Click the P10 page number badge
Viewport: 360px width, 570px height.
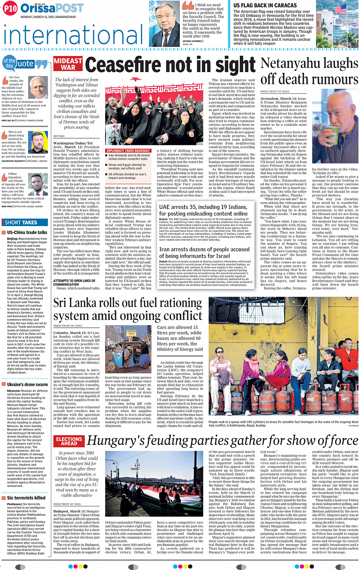click(10, 8)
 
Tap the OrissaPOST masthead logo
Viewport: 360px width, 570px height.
click(52, 8)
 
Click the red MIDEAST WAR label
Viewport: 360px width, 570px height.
click(68, 64)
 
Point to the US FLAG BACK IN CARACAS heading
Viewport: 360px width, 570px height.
click(265, 5)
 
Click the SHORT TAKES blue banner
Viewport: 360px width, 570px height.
click(21, 222)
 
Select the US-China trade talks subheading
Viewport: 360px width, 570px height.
click(27, 232)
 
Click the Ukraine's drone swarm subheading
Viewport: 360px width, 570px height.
click(27, 384)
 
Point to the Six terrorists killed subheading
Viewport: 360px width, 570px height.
click(26, 498)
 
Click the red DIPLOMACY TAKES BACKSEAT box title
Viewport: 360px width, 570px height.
click(128, 151)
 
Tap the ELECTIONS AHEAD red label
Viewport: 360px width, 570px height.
click(69, 441)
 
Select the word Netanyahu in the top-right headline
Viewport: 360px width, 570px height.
click(289, 63)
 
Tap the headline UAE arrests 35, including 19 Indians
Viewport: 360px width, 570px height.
click(203, 207)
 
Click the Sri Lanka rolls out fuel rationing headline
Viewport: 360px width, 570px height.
click(128, 309)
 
